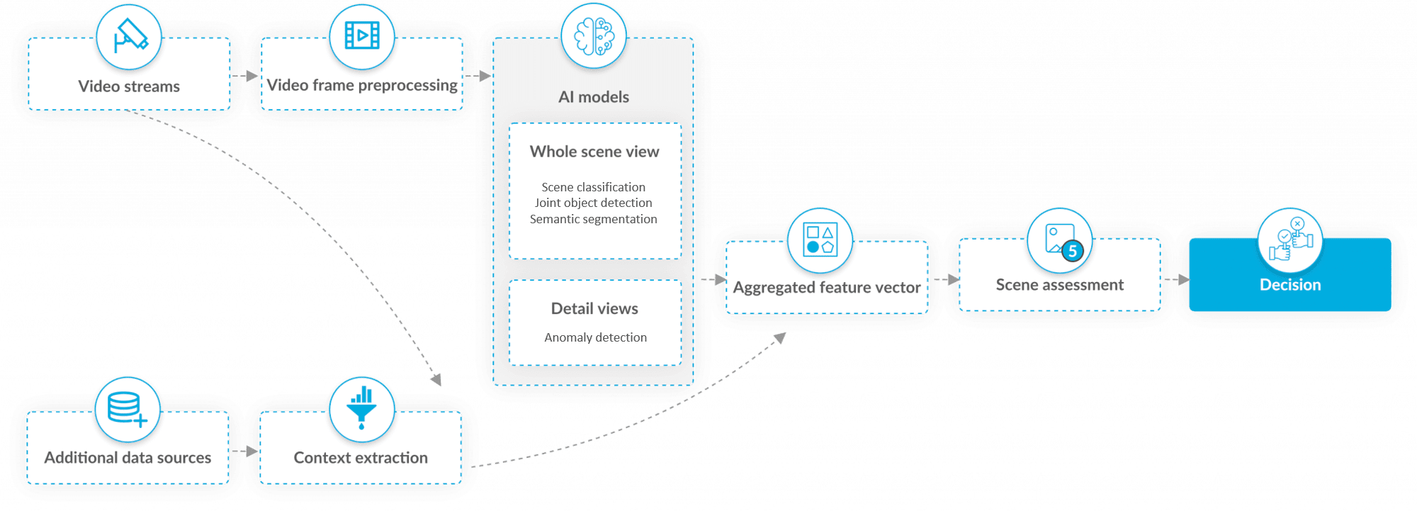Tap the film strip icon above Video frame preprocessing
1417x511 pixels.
pyautogui.click(x=362, y=35)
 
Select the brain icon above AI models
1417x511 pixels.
pyautogui.click(x=594, y=36)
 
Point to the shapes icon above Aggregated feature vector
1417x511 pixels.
pyautogui.click(x=820, y=240)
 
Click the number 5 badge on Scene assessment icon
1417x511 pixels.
pyautogui.click(x=1073, y=251)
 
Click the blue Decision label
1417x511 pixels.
pyautogui.click(x=1290, y=285)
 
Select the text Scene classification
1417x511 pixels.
pyautogui.click(x=594, y=187)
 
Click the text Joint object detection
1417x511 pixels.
pyautogui.click(x=594, y=203)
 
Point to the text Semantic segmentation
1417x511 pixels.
pyautogui.click(x=594, y=219)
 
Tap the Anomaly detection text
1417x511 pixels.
pyautogui.click(x=595, y=337)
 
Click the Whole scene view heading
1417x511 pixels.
pyautogui.click(x=594, y=152)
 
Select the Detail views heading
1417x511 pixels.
pyautogui.click(x=594, y=308)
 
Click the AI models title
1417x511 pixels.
pyautogui.click(x=594, y=97)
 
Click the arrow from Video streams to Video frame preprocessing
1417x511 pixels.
pyautogui.click(x=245, y=76)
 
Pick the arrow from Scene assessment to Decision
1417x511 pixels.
pyautogui.click(x=1176, y=280)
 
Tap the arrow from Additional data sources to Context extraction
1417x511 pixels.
pyautogui.click(x=244, y=451)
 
